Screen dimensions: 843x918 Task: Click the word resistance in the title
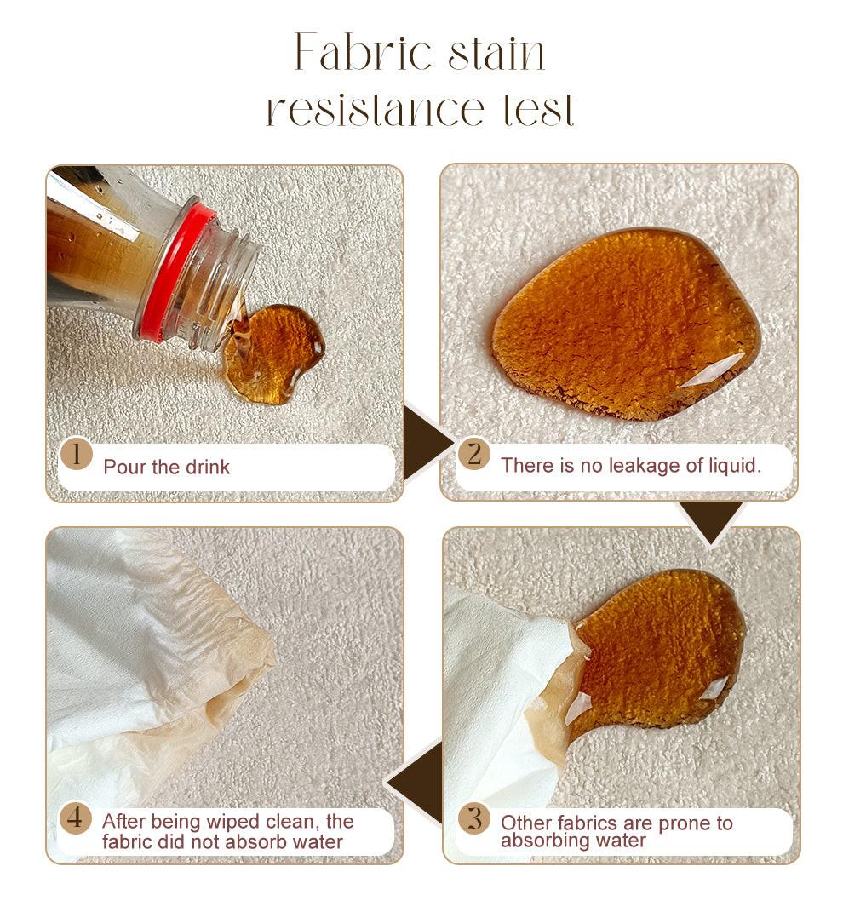click(376, 109)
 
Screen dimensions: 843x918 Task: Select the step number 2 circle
click(474, 454)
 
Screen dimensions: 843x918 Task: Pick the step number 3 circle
click(474, 818)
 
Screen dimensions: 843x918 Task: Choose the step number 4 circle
click(76, 818)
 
